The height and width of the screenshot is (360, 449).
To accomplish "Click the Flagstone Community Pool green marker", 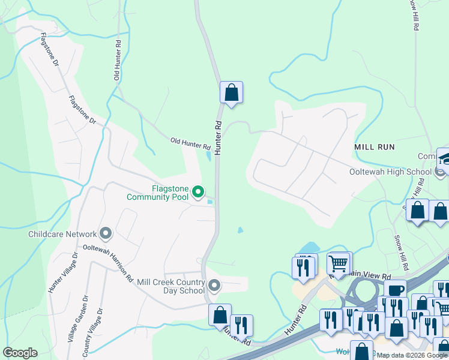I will pos(198,192).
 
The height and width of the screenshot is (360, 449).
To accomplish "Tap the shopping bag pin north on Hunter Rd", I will pos(231,94).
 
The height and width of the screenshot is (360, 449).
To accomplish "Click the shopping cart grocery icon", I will pos(339,263).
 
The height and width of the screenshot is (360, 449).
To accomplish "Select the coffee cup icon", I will pos(395,290).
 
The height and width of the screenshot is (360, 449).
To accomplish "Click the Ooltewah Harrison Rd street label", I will pos(108,263).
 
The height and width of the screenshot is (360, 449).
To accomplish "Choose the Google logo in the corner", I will pos(20,353).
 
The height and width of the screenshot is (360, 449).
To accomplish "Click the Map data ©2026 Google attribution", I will pos(412,355).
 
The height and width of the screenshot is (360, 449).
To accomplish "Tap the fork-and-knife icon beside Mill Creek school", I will pos(241,326).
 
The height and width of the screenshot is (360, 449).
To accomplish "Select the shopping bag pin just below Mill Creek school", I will pos(220,315).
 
